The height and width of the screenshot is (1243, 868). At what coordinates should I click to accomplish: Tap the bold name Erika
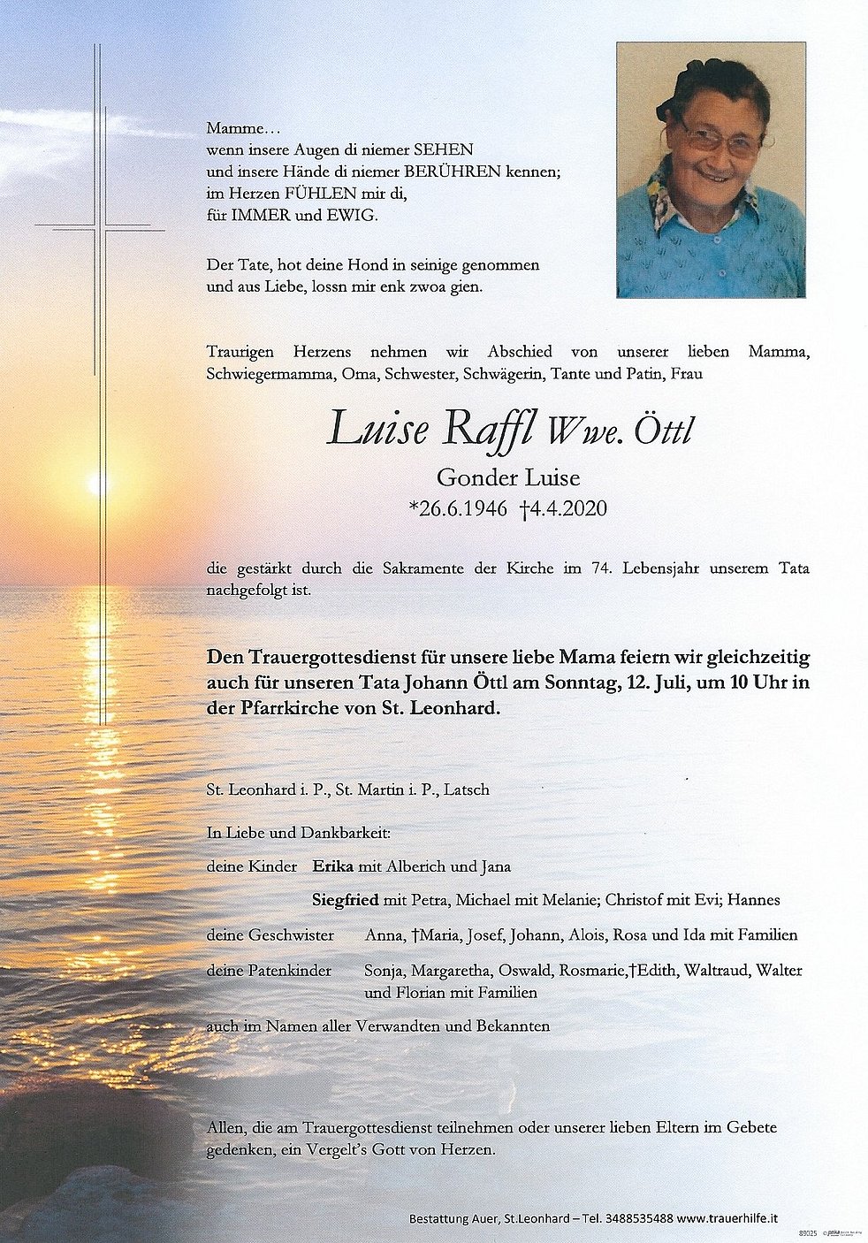334,866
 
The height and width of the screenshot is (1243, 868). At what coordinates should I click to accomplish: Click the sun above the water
95,484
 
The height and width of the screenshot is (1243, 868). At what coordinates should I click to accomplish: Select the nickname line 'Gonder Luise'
508,479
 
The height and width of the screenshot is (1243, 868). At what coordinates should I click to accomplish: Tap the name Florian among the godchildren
419,992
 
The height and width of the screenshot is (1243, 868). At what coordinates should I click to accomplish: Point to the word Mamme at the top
232,128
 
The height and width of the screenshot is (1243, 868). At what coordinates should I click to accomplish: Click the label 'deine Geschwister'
270,935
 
